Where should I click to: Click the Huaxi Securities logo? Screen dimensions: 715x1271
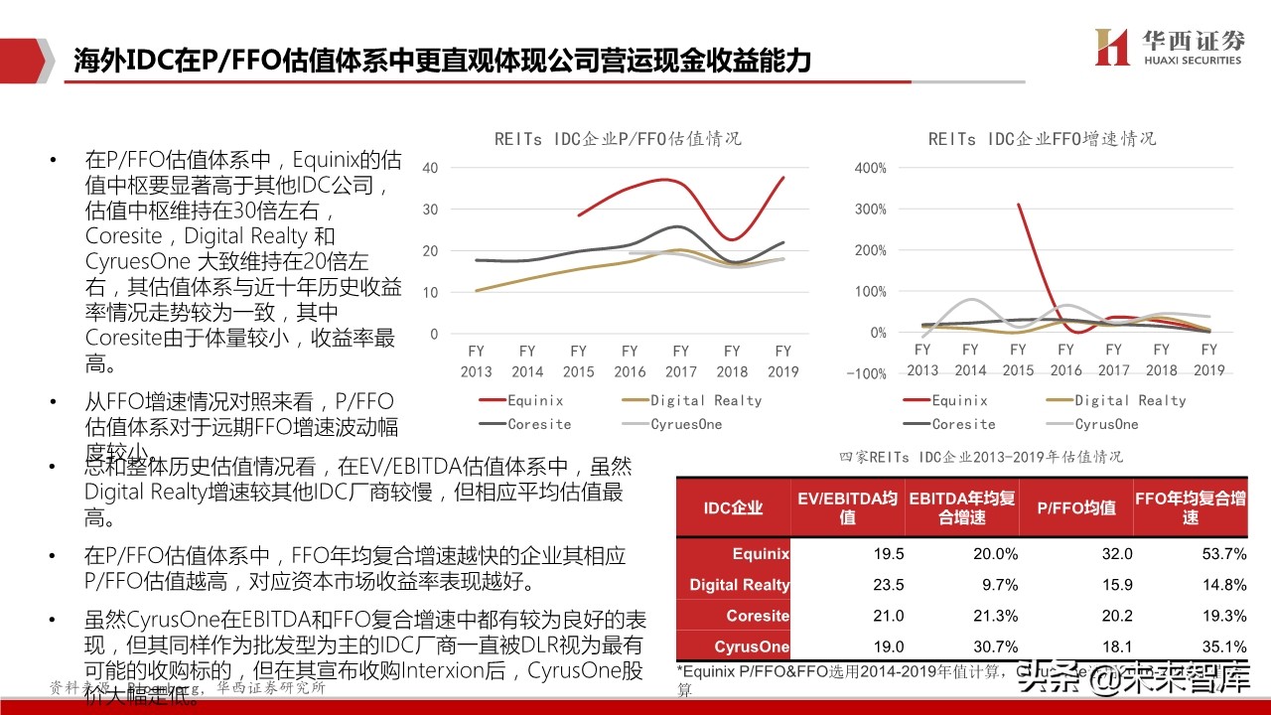pyautogui.click(x=1168, y=48)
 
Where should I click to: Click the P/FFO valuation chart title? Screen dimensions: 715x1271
pyautogui.click(x=618, y=139)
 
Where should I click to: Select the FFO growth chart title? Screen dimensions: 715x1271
pyautogui.click(x=1042, y=139)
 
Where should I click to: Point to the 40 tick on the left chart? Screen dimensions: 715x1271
pyautogui.click(x=429, y=168)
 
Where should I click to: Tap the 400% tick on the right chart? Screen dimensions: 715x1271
pyautogui.click(x=869, y=168)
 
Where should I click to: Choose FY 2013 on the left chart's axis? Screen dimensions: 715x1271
pyautogui.click(x=476, y=361)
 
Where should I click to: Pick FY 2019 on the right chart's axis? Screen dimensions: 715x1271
pyautogui.click(x=1208, y=359)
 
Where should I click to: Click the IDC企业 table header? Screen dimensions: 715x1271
pyautogui.click(x=733, y=507)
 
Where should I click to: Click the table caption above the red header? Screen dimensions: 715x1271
pyautogui.click(x=980, y=457)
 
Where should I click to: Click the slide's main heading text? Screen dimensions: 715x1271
pyautogui.click(x=443, y=61)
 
